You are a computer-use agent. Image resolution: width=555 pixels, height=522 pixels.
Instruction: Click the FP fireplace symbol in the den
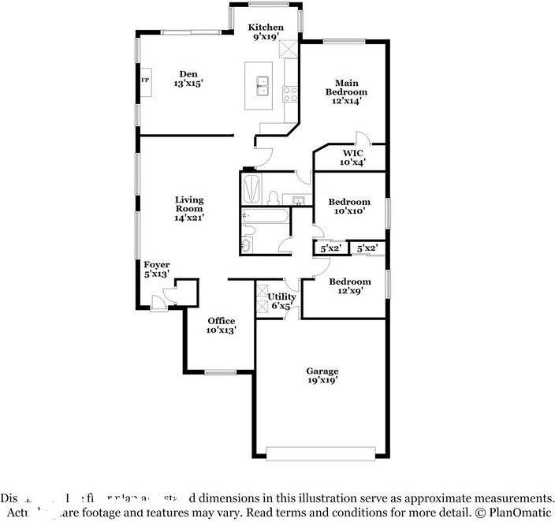[145, 81]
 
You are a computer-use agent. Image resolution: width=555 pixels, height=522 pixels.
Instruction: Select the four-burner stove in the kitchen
[290, 94]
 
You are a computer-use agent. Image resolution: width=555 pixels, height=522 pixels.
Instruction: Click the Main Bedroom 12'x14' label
[347, 88]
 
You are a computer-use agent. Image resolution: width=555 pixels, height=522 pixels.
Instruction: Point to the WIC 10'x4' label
[352, 158]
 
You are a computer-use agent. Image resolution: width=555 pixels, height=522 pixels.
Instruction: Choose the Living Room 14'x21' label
[189, 209]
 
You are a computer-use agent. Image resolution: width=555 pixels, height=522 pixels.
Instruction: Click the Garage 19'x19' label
[322, 375]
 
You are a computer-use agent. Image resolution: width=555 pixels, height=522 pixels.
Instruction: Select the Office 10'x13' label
[222, 326]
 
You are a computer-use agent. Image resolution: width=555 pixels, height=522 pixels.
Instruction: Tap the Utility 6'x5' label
[282, 301]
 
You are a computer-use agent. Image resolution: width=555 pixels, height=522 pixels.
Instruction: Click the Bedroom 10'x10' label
[349, 207]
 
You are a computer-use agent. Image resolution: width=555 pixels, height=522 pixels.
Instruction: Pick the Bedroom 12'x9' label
[349, 286]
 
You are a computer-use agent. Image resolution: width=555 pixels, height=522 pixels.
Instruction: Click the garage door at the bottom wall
[320, 453]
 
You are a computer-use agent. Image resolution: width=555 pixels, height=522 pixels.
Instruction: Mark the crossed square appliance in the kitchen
[289, 49]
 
